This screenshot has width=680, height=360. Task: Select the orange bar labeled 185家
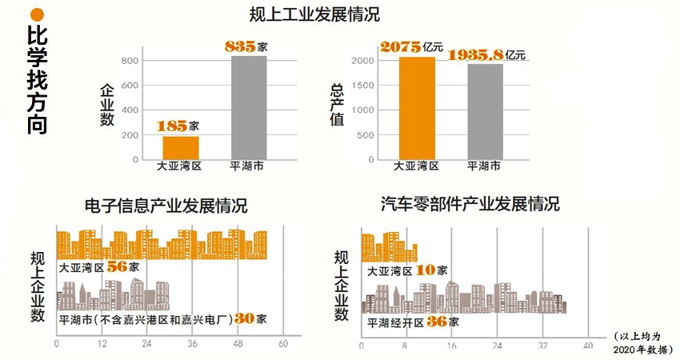coord(181,147)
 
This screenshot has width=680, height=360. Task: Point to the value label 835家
coord(246,46)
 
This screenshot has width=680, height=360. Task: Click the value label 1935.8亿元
coord(486,55)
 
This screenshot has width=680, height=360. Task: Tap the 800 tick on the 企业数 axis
coord(129,61)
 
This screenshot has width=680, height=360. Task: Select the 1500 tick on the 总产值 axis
coord(361,86)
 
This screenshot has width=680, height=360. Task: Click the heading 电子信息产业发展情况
coord(166,206)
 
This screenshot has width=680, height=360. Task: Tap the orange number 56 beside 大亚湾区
coord(117,266)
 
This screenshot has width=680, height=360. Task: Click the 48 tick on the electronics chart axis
coord(237,344)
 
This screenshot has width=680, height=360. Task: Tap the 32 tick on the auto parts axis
coord(543,345)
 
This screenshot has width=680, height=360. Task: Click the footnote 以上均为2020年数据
coord(643,343)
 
